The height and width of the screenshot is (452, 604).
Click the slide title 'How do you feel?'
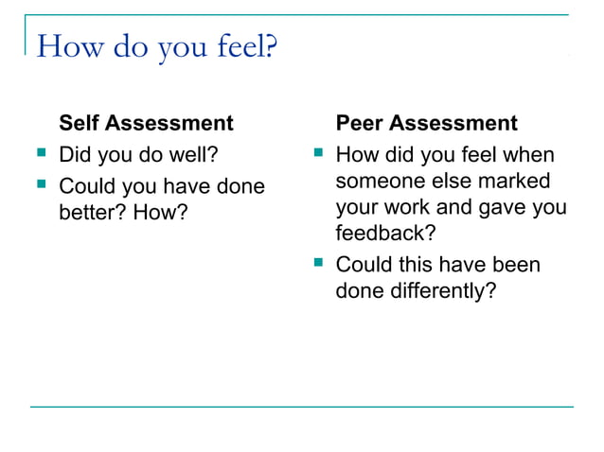[156, 45]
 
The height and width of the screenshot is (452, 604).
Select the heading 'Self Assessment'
[146, 124]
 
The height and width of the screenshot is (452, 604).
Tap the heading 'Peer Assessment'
[427, 124]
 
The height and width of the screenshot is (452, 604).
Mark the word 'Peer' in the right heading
[360, 124]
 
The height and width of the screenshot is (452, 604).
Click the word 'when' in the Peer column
[529, 154]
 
